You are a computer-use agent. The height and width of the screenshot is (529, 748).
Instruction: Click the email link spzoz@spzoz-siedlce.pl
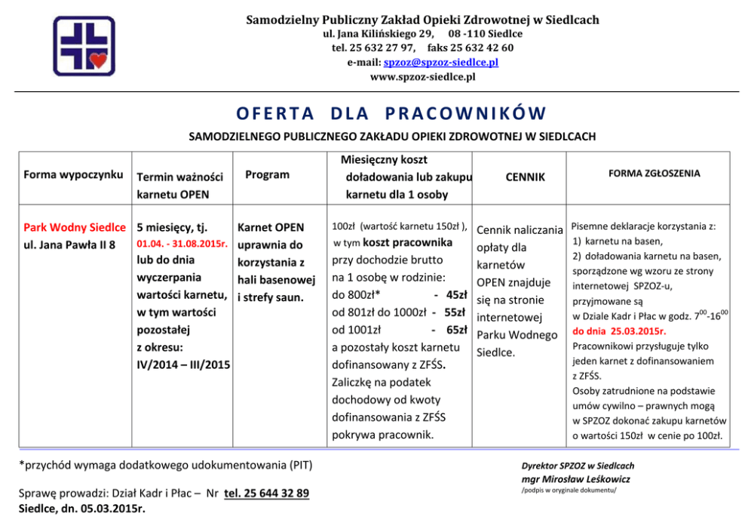click(x=440, y=62)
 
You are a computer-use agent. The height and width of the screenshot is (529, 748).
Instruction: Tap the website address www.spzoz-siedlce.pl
click(x=422, y=76)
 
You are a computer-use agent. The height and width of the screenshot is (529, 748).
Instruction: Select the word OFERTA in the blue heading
click(x=275, y=113)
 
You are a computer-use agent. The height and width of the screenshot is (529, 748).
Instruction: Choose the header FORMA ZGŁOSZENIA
click(x=654, y=174)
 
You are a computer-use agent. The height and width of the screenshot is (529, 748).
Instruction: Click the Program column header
click(x=267, y=174)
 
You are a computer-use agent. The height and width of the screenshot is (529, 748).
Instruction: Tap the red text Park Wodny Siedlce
click(x=75, y=227)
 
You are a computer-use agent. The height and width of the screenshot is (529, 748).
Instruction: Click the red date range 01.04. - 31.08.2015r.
click(x=182, y=245)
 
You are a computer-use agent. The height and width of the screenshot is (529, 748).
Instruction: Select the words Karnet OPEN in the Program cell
click(x=270, y=227)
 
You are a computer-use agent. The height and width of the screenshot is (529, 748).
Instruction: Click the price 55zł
click(x=455, y=312)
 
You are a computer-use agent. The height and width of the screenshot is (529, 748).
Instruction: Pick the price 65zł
click(x=456, y=330)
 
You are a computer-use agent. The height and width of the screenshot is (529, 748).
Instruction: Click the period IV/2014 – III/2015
click(x=182, y=365)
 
